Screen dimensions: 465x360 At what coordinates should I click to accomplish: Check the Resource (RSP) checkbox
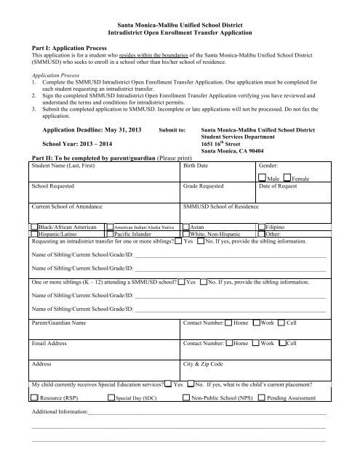(x=35, y=397)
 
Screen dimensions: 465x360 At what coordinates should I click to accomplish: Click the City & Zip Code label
(x=204, y=362)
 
